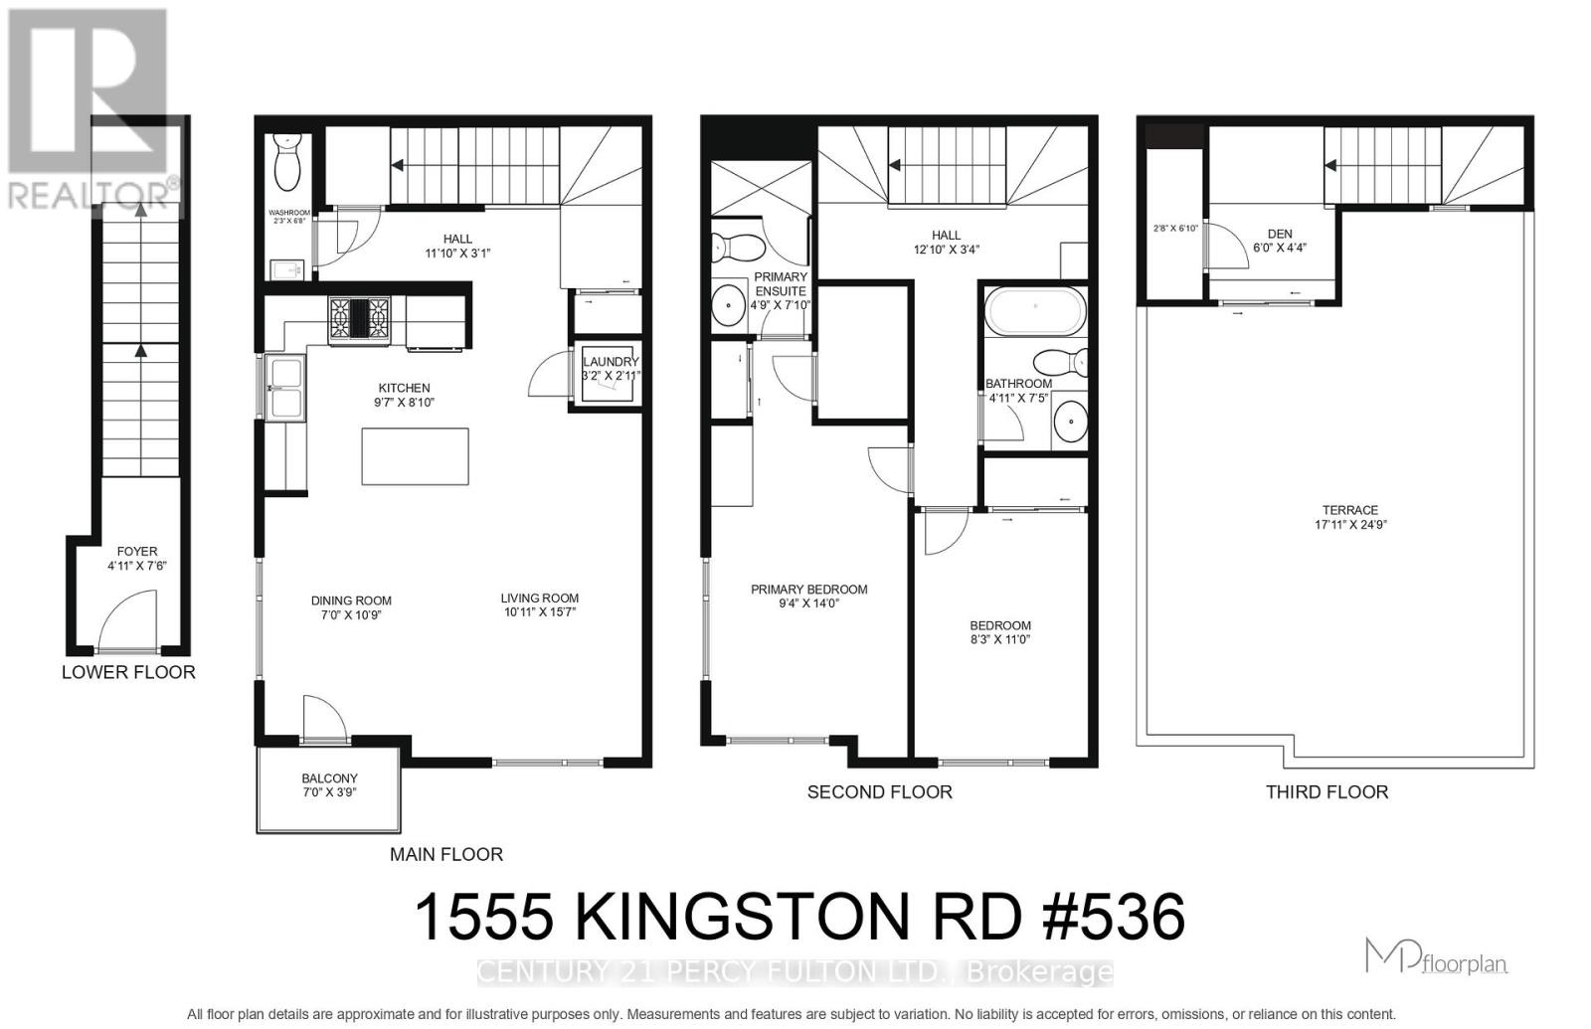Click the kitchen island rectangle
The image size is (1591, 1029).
415,456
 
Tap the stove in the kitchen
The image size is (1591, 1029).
358,320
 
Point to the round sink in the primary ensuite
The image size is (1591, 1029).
730,304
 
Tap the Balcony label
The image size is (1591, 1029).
329,778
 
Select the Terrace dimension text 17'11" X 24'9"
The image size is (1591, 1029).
1350,525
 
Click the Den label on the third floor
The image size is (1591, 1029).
1280,235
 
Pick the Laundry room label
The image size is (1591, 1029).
610,362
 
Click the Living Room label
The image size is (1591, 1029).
540,599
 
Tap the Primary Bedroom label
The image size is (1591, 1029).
808,590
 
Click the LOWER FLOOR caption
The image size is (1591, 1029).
128,672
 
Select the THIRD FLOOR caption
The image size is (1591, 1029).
1326,792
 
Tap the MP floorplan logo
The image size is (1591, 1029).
1436,956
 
